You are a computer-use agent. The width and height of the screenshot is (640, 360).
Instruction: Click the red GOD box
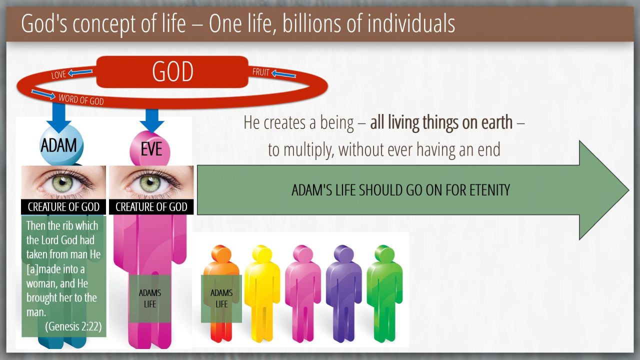click(x=172, y=71)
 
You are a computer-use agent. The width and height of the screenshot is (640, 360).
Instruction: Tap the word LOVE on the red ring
click(x=58, y=74)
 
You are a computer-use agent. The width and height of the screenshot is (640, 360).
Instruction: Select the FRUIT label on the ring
click(x=260, y=72)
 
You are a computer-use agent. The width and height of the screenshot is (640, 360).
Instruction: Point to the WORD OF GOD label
click(x=81, y=99)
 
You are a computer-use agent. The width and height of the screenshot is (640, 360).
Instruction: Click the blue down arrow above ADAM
click(x=59, y=117)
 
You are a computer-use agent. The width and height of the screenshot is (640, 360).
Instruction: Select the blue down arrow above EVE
click(x=152, y=120)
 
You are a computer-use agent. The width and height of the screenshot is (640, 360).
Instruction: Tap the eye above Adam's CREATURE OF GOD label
click(x=63, y=182)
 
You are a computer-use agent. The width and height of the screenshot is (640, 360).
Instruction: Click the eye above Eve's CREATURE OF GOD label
click(x=151, y=182)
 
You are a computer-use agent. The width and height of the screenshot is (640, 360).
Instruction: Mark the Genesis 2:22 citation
click(x=73, y=326)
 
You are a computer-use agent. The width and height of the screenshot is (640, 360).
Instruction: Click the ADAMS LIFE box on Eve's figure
click(x=150, y=298)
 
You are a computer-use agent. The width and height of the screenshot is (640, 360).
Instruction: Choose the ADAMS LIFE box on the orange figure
click(x=221, y=298)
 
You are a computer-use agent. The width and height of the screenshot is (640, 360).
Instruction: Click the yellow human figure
click(x=262, y=293)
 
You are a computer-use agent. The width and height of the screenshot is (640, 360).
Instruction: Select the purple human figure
click(x=343, y=293)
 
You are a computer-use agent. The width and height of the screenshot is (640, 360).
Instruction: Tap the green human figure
click(x=385, y=293)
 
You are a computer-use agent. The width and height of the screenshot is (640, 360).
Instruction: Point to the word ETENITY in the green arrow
click(x=489, y=190)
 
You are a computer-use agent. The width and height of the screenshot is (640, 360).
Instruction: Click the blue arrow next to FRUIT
click(x=283, y=74)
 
